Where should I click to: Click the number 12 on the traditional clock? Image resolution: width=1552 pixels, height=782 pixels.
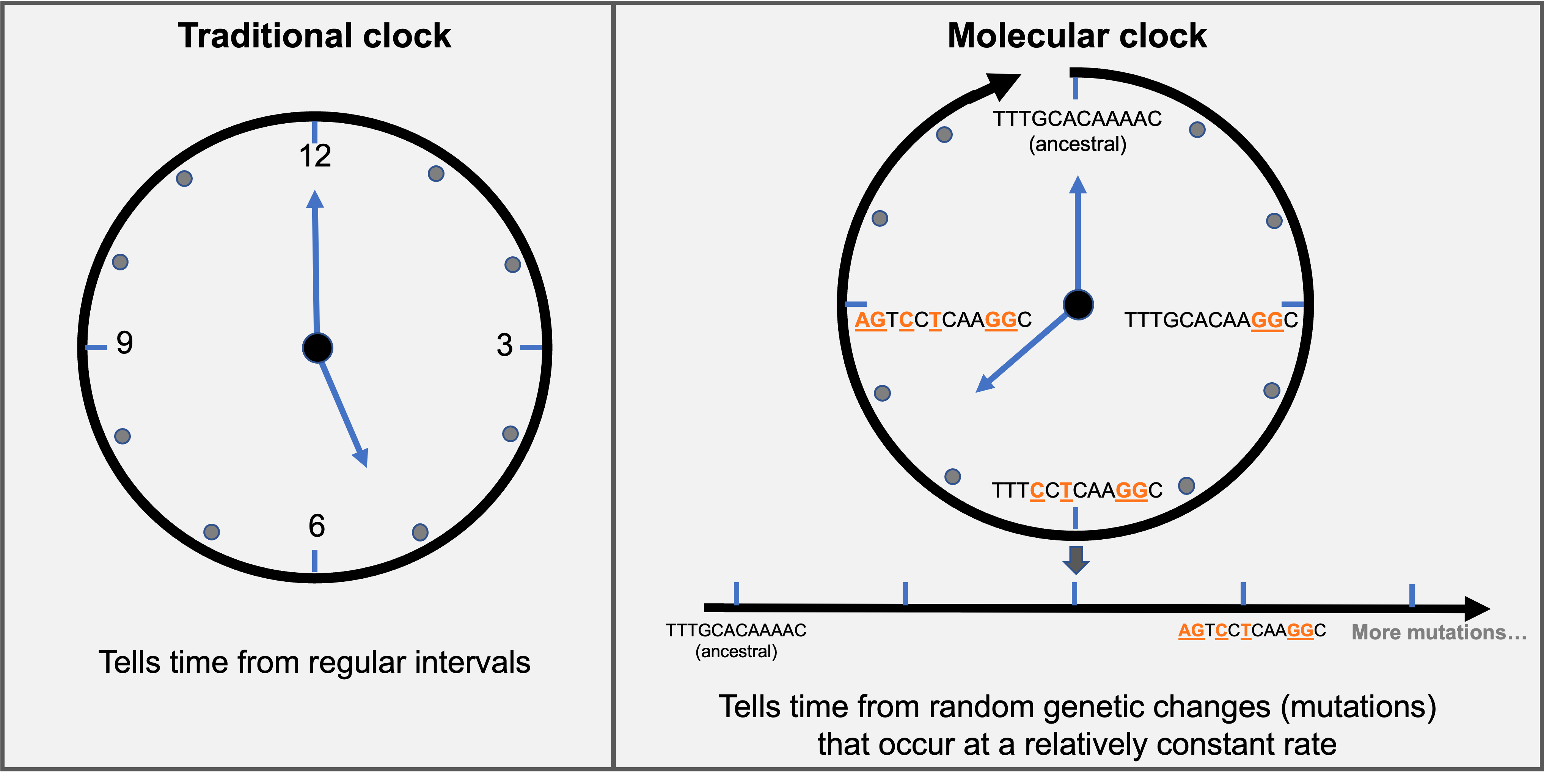pos(315,156)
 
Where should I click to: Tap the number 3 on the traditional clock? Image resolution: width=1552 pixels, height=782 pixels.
pos(505,345)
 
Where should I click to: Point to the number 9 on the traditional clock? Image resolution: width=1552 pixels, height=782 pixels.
pos(124,343)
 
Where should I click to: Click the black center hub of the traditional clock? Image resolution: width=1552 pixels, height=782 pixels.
pos(317,348)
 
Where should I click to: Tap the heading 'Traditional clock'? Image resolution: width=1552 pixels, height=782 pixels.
pos(314,36)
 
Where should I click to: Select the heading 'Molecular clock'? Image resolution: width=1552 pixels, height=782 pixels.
pos(1077,36)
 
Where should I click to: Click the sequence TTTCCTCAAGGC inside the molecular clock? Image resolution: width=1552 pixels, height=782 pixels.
pos(1077,490)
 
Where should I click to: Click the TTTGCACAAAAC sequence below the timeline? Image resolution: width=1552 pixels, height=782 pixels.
pos(736,630)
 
